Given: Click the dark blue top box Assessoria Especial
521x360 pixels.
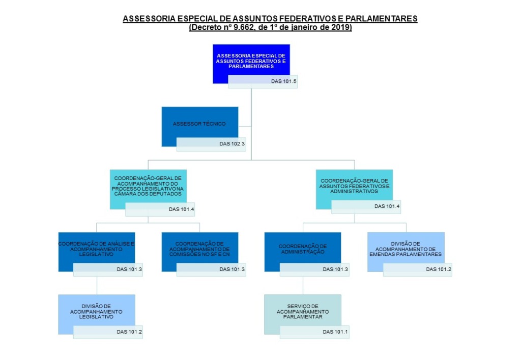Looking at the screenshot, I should (x=251, y=60).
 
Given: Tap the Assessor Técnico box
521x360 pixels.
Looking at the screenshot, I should (x=199, y=124).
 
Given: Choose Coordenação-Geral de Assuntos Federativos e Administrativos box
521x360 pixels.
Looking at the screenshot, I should (x=354, y=186).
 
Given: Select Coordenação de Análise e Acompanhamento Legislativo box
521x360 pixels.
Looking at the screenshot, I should (x=96, y=249).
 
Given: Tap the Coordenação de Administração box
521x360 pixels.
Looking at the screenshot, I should (x=302, y=249).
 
